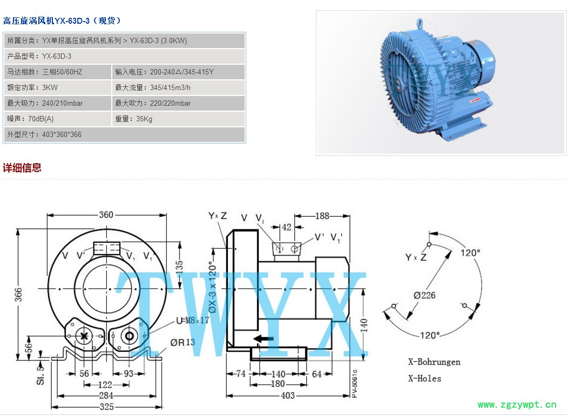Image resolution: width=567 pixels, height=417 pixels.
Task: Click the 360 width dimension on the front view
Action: (106, 215)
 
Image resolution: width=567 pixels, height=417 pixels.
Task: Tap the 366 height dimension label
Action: (18, 295)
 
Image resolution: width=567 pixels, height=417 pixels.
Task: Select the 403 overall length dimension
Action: (288, 395)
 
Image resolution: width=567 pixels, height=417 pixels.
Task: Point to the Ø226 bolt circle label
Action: (424, 295)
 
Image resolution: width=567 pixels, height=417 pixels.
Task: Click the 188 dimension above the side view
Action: (322, 216)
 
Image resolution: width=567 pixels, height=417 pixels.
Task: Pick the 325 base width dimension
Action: (107, 407)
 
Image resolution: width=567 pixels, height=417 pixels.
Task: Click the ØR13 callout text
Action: (183, 342)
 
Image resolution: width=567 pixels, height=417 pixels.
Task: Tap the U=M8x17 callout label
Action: (192, 320)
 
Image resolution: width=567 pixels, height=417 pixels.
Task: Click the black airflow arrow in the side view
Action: (264, 339)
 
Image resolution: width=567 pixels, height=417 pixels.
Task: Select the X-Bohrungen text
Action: (434, 362)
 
